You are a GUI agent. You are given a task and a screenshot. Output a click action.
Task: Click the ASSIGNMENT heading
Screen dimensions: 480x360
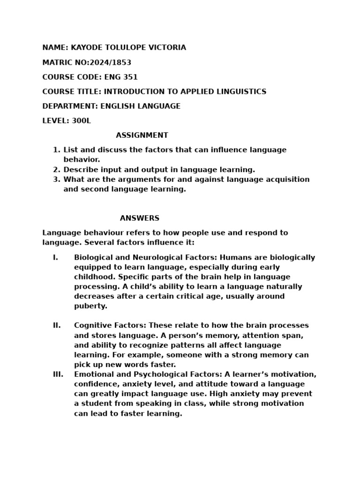(x=142, y=135)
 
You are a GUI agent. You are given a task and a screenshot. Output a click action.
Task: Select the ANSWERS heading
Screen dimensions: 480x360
(x=140, y=218)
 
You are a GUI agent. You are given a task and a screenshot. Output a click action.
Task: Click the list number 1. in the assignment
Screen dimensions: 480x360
(x=57, y=150)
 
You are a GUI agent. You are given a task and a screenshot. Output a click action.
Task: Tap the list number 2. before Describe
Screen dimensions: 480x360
(x=57, y=170)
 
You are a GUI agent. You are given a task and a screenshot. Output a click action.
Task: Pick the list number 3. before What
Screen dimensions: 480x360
(x=57, y=180)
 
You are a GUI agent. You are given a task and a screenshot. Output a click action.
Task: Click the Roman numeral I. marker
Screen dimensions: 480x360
(x=55, y=257)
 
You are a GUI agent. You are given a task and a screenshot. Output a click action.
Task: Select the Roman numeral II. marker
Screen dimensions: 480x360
(x=56, y=325)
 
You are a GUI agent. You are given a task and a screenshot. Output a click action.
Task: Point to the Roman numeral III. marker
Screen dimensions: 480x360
(x=58, y=374)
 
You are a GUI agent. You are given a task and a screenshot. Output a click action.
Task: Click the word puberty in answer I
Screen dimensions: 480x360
(x=90, y=306)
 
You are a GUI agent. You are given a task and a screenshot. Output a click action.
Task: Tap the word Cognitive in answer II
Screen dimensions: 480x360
(x=91, y=325)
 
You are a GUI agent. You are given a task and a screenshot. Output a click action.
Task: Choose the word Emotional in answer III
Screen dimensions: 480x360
(x=92, y=374)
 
